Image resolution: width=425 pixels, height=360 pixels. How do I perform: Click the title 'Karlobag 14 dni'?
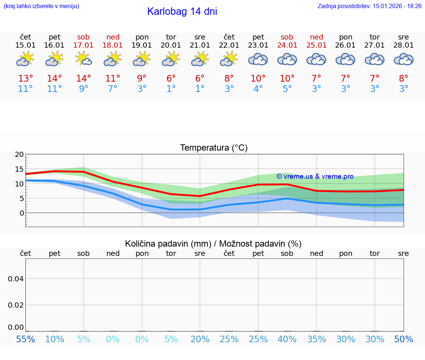(182, 11)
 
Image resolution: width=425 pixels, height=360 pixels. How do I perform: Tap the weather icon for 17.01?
(83, 59)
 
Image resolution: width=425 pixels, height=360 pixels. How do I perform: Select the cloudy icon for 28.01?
(404, 59)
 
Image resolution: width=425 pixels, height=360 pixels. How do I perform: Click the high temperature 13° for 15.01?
(25, 79)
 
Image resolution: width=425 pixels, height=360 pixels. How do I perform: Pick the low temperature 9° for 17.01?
(83, 89)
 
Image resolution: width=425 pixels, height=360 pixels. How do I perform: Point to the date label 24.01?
(287, 45)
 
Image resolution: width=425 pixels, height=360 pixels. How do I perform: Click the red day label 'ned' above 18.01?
(113, 37)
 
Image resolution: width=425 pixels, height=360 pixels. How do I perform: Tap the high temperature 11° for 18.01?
(113, 79)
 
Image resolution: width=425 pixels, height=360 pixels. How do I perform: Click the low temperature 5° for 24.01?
(287, 89)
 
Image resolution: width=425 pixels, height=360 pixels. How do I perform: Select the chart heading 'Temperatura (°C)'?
(214, 148)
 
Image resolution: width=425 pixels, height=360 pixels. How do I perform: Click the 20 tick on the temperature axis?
(19, 155)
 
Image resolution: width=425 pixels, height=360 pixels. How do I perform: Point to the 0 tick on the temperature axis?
(22, 213)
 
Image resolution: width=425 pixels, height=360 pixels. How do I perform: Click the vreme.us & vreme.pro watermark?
(315, 176)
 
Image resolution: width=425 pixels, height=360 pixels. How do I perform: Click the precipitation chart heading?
(213, 244)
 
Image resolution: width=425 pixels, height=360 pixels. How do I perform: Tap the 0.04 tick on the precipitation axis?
(16, 279)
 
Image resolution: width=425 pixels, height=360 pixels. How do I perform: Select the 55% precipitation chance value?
(25, 339)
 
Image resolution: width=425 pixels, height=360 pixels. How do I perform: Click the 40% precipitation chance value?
(287, 339)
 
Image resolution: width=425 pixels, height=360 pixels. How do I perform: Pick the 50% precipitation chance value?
(404, 339)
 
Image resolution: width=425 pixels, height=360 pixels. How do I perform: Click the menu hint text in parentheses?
(41, 6)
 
